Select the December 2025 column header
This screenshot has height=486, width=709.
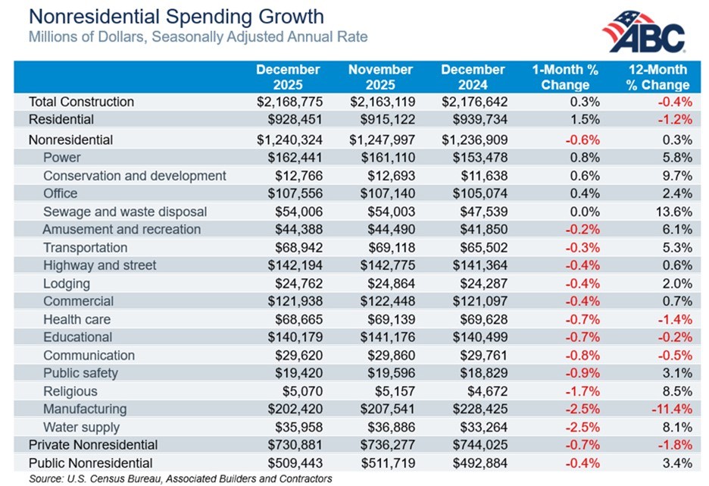pyautogui.click(x=288, y=77)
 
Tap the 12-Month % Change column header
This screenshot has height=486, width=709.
pyautogui.click(x=657, y=77)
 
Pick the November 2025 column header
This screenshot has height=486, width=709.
pyautogui.click(x=380, y=77)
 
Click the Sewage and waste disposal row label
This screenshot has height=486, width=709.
pyautogui.click(x=125, y=212)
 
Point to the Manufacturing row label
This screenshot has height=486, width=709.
pyautogui.click(x=86, y=409)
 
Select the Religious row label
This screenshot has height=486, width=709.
pyautogui.click(x=70, y=391)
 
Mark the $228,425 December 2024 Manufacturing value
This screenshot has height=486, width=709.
pyautogui.click(x=473, y=409)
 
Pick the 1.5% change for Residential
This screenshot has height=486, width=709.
pyautogui.click(x=586, y=119)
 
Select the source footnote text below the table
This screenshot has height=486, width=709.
pyautogui.click(x=180, y=478)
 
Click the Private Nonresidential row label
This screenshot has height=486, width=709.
pyautogui.click(x=93, y=445)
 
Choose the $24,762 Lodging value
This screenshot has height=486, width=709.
pyautogui.click(x=298, y=284)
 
